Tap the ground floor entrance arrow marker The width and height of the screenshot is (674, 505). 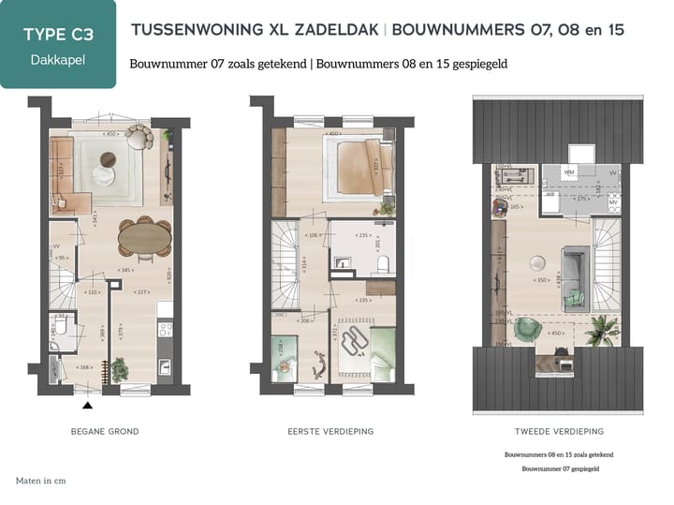pyautogui.click(x=88, y=406)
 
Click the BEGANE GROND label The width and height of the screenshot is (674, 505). pyautogui.click(x=105, y=432)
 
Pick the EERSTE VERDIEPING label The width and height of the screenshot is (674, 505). pyautogui.click(x=330, y=432)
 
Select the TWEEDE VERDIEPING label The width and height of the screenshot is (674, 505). pyautogui.click(x=559, y=432)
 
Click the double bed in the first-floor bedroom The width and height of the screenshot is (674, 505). pyautogui.click(x=355, y=169)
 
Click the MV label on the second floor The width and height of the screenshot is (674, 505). pyautogui.click(x=613, y=202)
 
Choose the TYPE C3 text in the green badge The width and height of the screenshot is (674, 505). pyautogui.click(x=58, y=36)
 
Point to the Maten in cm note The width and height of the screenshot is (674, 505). pyautogui.click(x=41, y=481)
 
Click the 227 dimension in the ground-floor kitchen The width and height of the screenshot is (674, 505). pyautogui.click(x=142, y=291)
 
